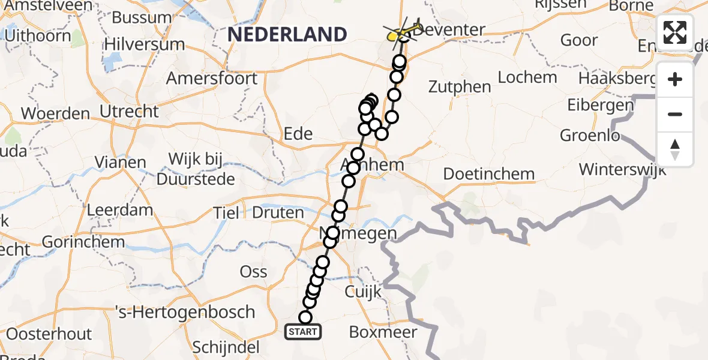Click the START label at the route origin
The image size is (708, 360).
pos(303,332)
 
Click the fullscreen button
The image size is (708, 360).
pos(675,32)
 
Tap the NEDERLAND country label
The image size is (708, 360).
pos(287,34)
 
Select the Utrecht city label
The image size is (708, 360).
pos(130,111)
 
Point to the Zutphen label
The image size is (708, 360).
pos(460,86)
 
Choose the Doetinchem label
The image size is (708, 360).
pos(488,174)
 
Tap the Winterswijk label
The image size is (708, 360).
pos(622,169)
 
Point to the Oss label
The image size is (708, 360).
pos(253,272)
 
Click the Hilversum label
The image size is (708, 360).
pos(145,44)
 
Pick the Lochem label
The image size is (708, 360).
pos(527,77)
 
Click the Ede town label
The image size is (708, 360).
pos(299,133)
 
